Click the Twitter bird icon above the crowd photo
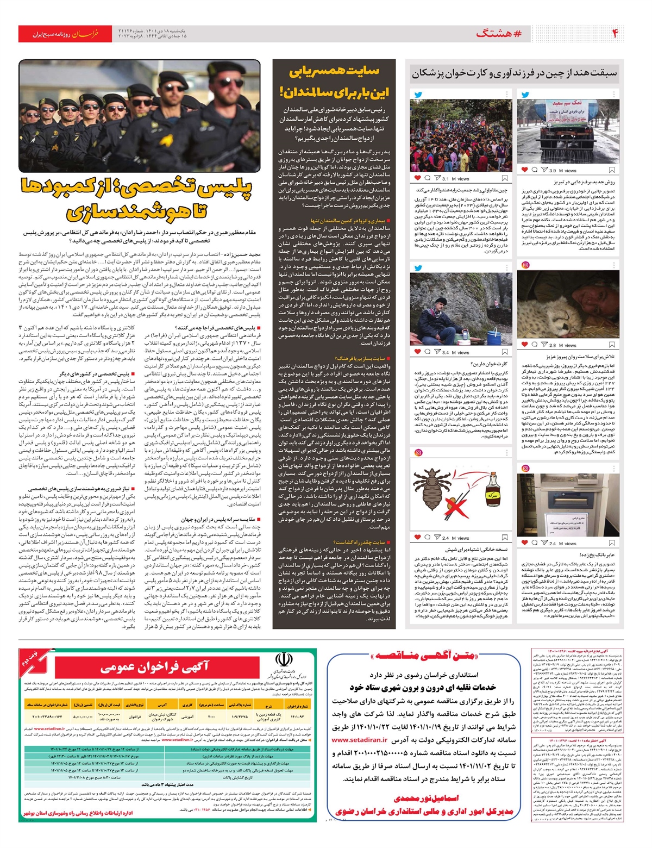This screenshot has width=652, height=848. point(418,95)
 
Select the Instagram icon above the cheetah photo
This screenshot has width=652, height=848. point(525,265)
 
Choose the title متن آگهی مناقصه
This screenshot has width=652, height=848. point(423,656)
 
